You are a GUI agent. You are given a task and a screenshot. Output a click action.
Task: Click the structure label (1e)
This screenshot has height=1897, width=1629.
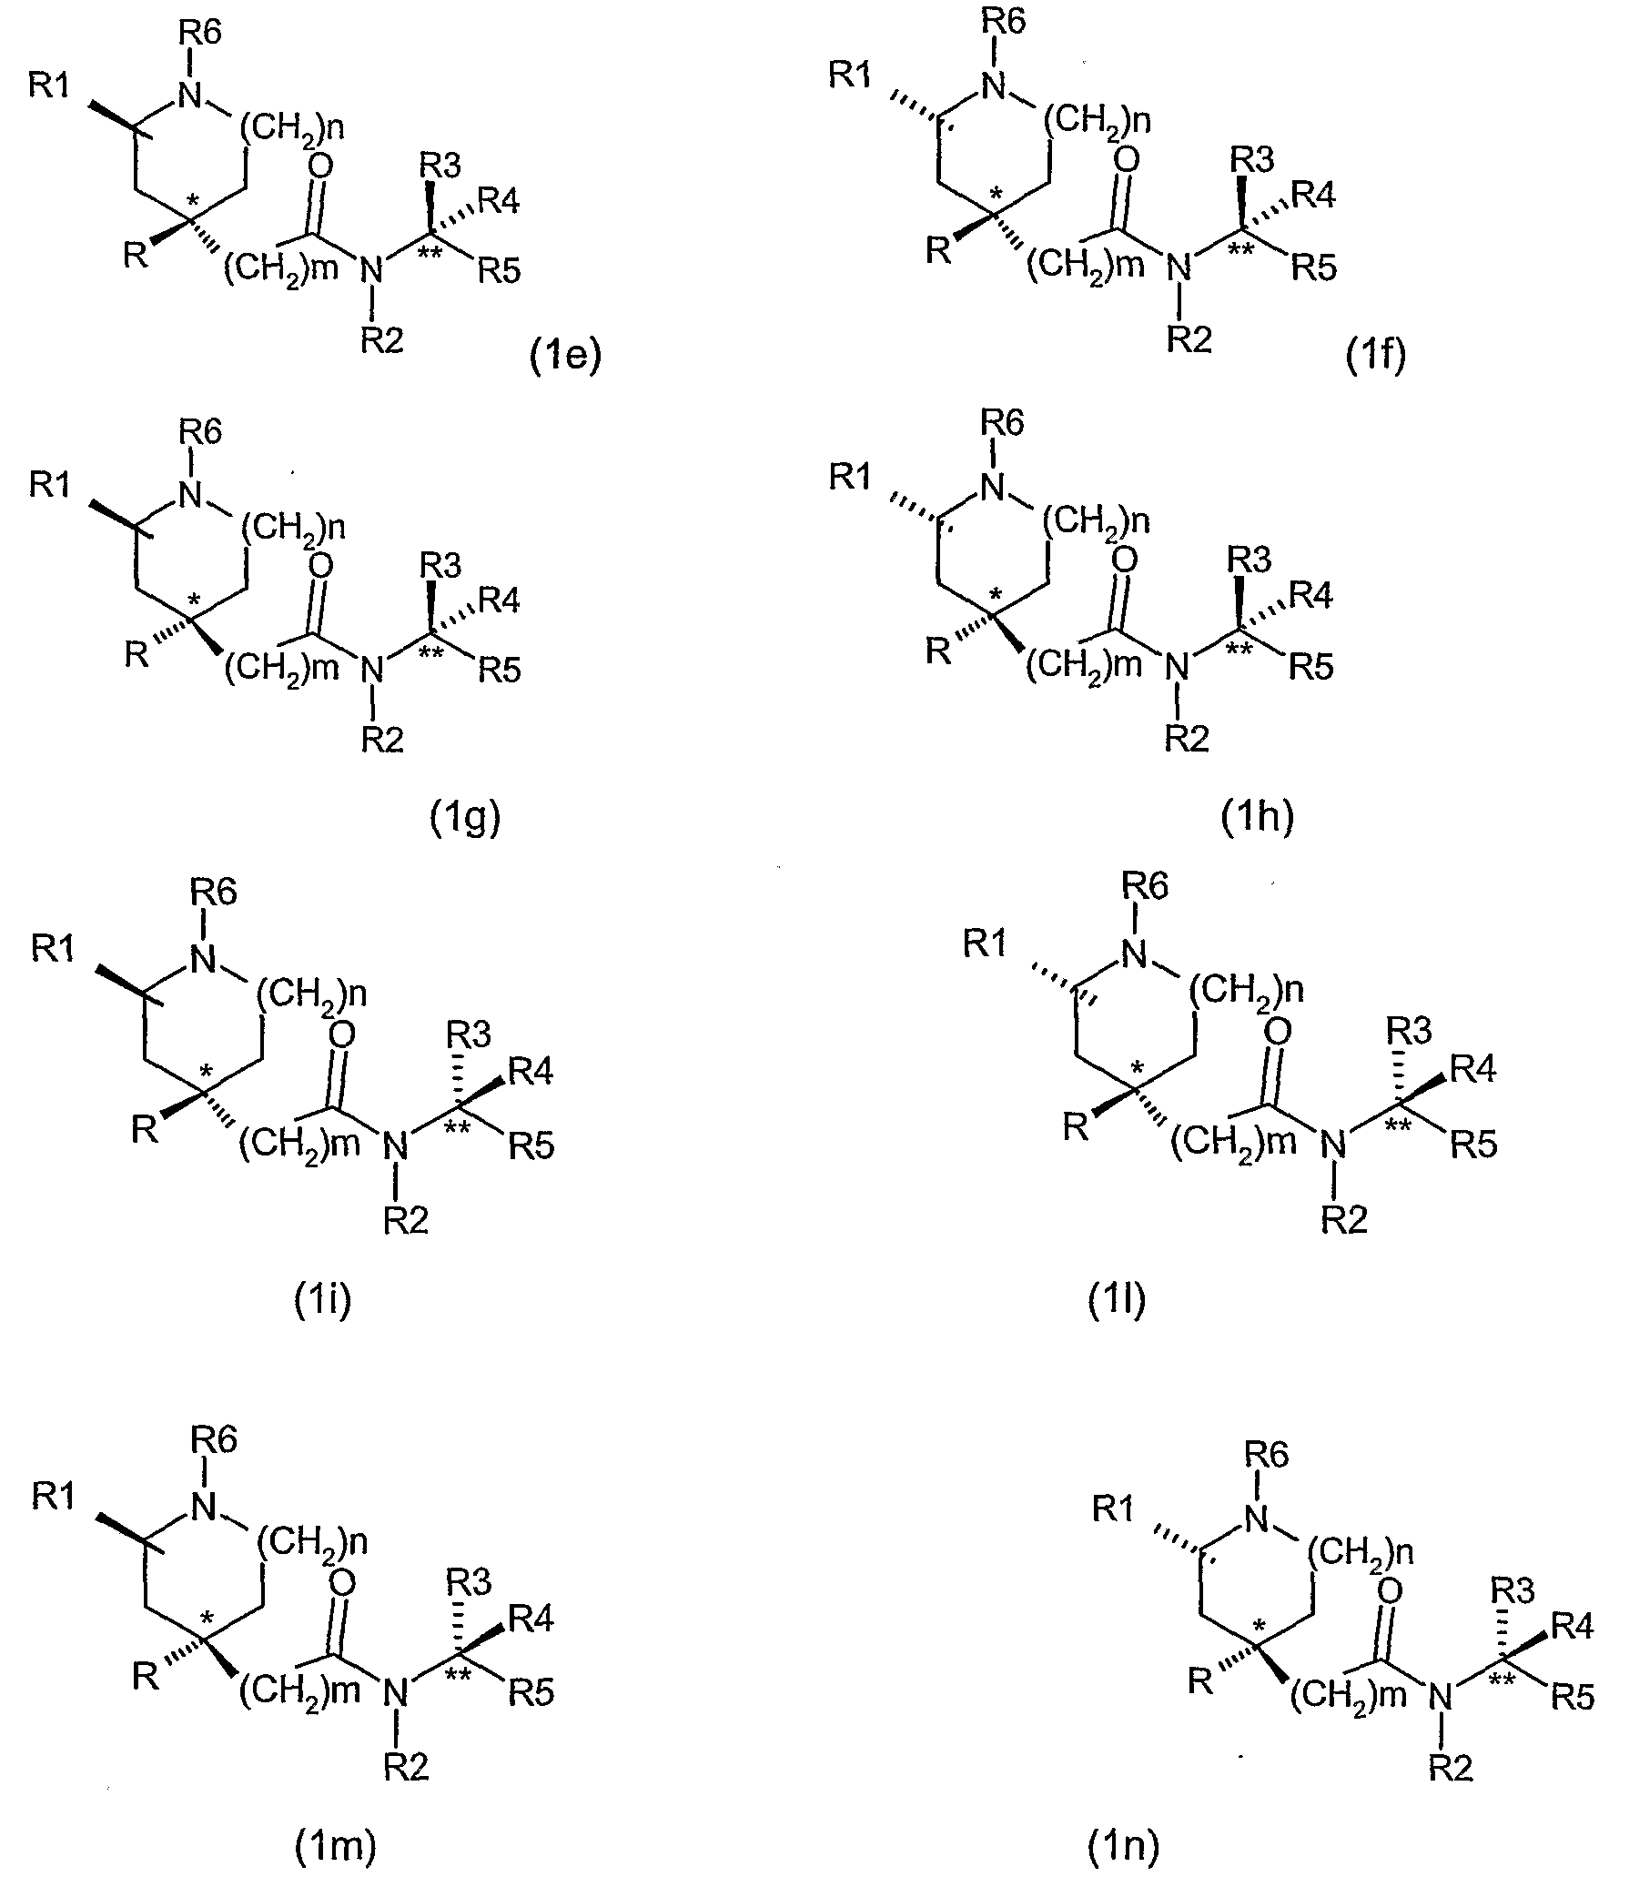tap(566, 355)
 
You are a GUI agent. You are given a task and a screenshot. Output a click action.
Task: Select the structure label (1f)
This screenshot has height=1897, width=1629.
tap(1375, 354)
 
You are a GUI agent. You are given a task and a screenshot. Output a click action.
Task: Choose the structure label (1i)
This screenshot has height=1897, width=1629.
tap(322, 1300)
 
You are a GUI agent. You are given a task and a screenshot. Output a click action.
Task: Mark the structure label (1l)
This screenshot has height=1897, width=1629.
tap(1117, 1300)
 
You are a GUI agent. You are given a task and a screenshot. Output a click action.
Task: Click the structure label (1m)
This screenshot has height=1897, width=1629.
tap(335, 1847)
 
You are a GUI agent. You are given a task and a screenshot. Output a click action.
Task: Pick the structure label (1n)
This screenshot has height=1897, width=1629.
tap(1123, 1847)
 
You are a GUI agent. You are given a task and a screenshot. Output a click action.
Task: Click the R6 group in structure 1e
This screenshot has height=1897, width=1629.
tap(199, 33)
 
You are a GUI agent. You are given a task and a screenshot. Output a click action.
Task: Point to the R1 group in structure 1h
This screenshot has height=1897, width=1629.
tap(850, 476)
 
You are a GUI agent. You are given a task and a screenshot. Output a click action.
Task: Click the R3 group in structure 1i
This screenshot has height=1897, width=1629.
tap(469, 1034)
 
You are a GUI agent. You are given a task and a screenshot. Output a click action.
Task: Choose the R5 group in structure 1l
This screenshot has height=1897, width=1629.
tap(1473, 1145)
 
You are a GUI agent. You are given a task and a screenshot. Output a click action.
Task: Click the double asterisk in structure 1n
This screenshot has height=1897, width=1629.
tap(1502, 1680)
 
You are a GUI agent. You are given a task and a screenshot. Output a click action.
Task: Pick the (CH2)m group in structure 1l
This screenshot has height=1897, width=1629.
tap(1232, 1142)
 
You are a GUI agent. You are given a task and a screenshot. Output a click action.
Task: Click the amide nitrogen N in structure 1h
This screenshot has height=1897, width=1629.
tap(1179, 669)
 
